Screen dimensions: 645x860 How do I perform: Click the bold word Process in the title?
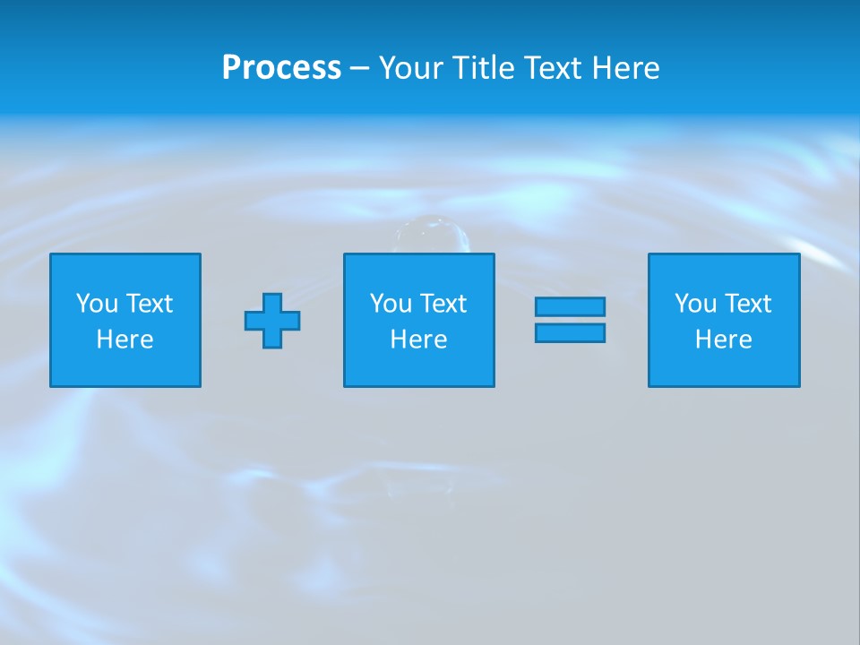click(281, 68)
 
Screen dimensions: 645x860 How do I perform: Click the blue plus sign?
click(272, 320)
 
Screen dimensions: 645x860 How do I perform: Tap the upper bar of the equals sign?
click(570, 306)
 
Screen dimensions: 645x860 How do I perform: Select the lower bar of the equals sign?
click(570, 332)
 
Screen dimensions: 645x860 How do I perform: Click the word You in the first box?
click(97, 304)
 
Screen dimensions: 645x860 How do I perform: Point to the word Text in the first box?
click(148, 304)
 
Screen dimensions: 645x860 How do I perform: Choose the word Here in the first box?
click(125, 340)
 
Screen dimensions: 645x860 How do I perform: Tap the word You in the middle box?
click(391, 304)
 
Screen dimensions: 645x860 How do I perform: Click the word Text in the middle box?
click(442, 304)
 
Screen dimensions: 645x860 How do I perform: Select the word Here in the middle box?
click(418, 340)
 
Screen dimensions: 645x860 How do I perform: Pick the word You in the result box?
click(695, 304)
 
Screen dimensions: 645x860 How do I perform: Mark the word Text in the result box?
click(746, 304)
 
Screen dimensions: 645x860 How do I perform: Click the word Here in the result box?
click(723, 340)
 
